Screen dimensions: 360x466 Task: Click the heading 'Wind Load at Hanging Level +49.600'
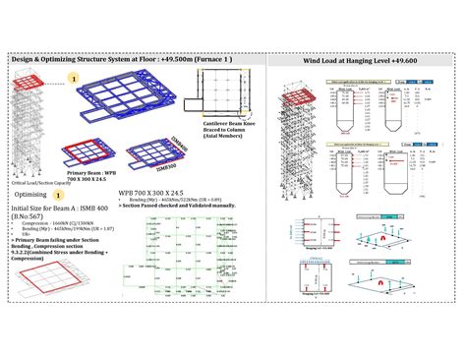364,60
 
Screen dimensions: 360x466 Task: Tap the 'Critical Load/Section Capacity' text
39,184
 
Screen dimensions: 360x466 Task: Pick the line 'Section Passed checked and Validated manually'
172,205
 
